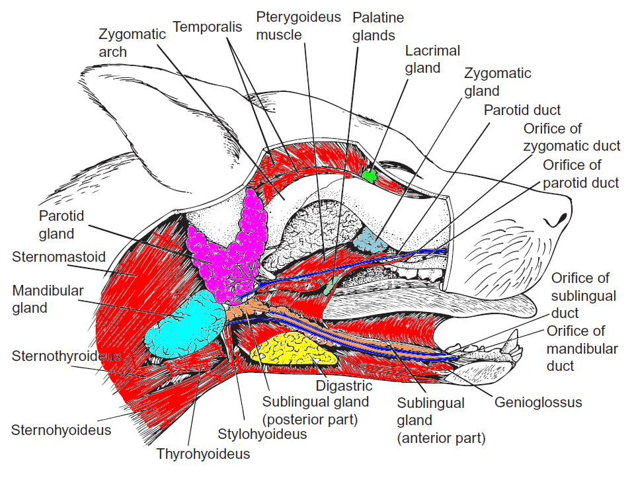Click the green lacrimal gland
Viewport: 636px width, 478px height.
(370, 176)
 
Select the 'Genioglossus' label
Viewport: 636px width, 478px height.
(539, 402)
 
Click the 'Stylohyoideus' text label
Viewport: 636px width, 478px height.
(262, 434)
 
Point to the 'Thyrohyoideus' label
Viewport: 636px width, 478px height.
(203, 454)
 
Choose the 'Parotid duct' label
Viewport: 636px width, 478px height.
(522, 110)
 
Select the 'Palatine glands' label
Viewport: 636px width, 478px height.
(378, 26)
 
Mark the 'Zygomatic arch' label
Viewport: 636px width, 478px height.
(132, 42)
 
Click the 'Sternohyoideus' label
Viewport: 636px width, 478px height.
(61, 430)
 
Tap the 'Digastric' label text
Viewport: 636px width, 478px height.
(344, 386)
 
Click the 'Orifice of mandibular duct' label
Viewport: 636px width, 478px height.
(582, 348)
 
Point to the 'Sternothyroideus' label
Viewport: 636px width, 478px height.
(66, 356)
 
